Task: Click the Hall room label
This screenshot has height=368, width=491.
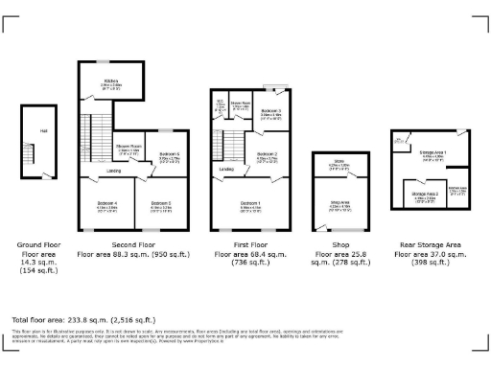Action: [43, 129]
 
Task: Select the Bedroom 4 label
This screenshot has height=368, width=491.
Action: [106, 203]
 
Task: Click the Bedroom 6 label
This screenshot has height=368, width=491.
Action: [169, 154]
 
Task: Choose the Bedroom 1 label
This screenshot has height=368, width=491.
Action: [250, 203]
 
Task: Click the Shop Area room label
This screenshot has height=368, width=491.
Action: [339, 202]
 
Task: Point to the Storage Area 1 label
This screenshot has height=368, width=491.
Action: [433, 153]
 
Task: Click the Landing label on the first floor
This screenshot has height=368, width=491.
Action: [226, 170]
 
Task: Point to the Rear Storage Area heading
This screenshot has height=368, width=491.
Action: [432, 245]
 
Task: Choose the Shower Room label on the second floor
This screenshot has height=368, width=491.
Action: [129, 148]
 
